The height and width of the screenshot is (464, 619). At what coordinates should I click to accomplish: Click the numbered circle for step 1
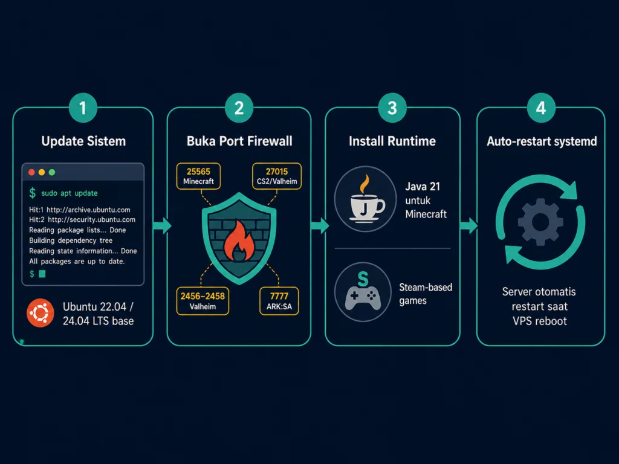[83, 108]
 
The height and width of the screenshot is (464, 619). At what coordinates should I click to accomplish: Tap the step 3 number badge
[392, 108]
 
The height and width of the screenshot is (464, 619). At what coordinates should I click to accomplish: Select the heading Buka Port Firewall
[239, 141]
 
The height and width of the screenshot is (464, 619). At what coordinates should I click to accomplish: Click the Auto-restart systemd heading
[542, 141]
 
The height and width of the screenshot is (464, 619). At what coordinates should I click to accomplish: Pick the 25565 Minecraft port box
[198, 176]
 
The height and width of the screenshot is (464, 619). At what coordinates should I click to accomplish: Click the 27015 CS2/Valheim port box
[277, 176]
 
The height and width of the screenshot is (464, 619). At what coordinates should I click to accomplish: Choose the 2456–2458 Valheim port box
[203, 301]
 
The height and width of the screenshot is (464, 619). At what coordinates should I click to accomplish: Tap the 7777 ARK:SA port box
[279, 301]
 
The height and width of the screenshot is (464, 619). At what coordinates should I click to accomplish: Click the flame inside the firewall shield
[239, 242]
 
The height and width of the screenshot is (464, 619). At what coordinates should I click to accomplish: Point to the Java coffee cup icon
[365, 199]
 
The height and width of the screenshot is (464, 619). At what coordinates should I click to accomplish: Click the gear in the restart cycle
[540, 222]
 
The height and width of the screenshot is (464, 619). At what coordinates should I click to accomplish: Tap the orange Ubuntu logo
[41, 313]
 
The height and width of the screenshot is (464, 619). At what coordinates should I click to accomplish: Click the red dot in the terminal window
[31, 172]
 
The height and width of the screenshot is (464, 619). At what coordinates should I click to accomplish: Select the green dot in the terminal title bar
[52, 172]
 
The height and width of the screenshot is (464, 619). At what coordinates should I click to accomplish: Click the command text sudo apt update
[70, 193]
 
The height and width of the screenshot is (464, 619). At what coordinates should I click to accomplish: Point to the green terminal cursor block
[42, 274]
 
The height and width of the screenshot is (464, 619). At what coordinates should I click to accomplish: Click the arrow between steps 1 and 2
[162, 226]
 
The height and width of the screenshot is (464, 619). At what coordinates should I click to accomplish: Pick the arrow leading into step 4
[468, 226]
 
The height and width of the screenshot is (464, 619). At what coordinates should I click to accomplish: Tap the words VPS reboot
[540, 321]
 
